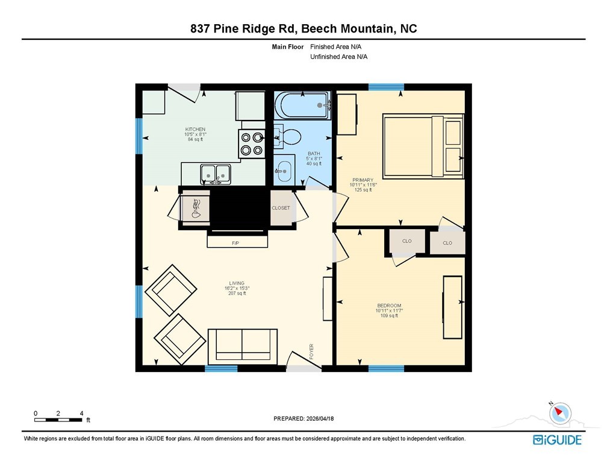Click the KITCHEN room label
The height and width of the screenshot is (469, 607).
[195, 129]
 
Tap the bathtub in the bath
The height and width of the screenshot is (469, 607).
[303, 105]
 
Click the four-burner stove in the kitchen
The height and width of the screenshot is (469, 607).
[252, 143]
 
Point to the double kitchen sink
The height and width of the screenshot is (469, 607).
[216, 174]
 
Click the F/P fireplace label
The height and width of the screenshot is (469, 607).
[235, 243]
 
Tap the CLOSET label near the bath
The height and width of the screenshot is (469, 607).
[281, 208]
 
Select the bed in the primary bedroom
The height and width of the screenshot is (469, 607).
[423, 146]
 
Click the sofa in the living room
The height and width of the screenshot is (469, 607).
[243, 347]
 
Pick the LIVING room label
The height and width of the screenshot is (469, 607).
[237, 283]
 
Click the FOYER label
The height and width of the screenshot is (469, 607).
[311, 351]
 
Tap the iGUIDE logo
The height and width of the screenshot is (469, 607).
[557, 440]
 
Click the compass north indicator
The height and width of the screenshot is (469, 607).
[560, 413]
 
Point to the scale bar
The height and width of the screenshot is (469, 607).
[58, 420]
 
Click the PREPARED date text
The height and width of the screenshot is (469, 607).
[303, 418]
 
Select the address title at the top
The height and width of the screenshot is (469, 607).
[303, 29]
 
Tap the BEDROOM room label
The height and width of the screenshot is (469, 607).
[389, 306]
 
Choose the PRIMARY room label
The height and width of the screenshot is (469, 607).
[363, 180]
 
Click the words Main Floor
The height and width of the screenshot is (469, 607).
[288, 47]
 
